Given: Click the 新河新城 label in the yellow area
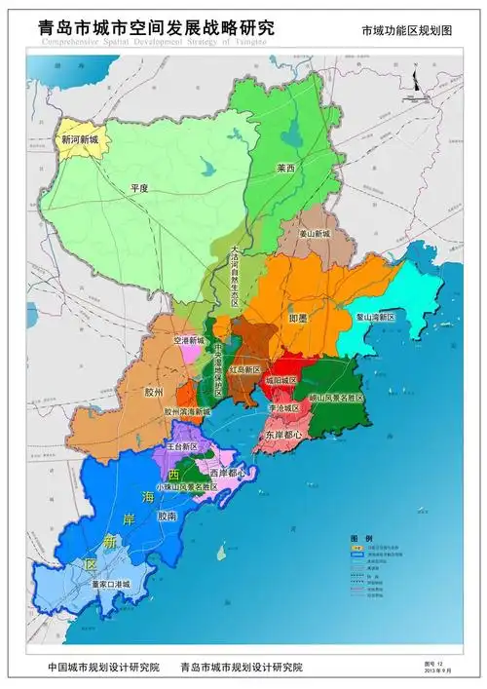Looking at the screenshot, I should (81, 139).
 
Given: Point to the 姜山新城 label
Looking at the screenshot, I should (314, 235).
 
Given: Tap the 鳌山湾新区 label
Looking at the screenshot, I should (375, 317).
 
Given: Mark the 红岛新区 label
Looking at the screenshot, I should (245, 370).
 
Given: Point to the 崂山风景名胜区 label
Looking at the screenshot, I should (336, 398).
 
